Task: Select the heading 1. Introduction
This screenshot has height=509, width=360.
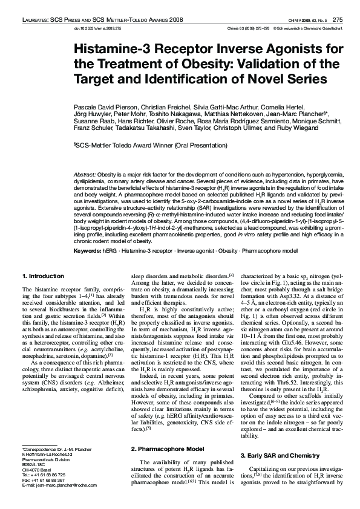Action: point(39,276)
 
